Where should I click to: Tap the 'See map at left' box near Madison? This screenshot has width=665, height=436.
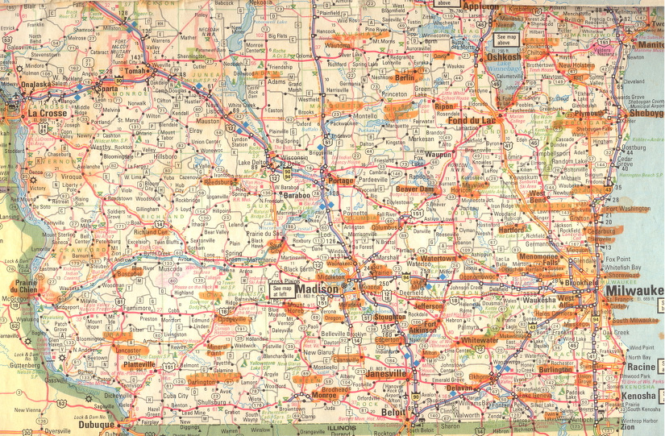tap(282, 291)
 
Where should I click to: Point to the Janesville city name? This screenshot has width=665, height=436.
tap(385, 373)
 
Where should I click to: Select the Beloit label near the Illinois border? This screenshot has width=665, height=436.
tap(394, 411)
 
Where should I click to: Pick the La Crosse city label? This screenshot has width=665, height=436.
tap(47, 114)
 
